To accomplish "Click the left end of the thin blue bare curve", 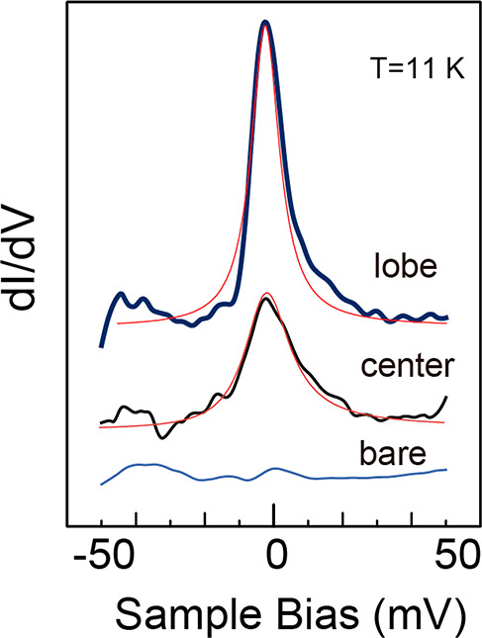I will [102, 484].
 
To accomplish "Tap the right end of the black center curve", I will [447, 397].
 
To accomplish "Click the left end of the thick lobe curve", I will [102, 346].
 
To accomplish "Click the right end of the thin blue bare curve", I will [446, 470].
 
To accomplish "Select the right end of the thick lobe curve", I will [447, 319].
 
